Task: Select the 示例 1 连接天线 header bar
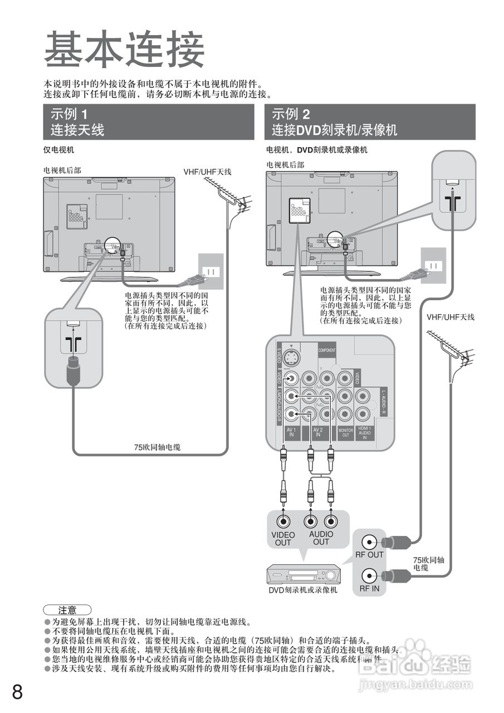[x=149, y=122]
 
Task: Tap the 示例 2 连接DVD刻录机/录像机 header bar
[x=370, y=122]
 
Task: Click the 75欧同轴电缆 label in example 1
[x=157, y=447]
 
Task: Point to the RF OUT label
[x=370, y=554]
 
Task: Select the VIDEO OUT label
[x=283, y=538]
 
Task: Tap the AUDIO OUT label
[x=321, y=538]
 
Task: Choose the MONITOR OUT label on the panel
[x=346, y=432]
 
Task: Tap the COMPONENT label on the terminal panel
[x=327, y=350]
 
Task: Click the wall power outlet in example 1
[x=211, y=272]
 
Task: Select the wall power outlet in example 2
[x=433, y=266]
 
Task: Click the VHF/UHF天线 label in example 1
[x=207, y=172]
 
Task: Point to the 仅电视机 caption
[x=59, y=150]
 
